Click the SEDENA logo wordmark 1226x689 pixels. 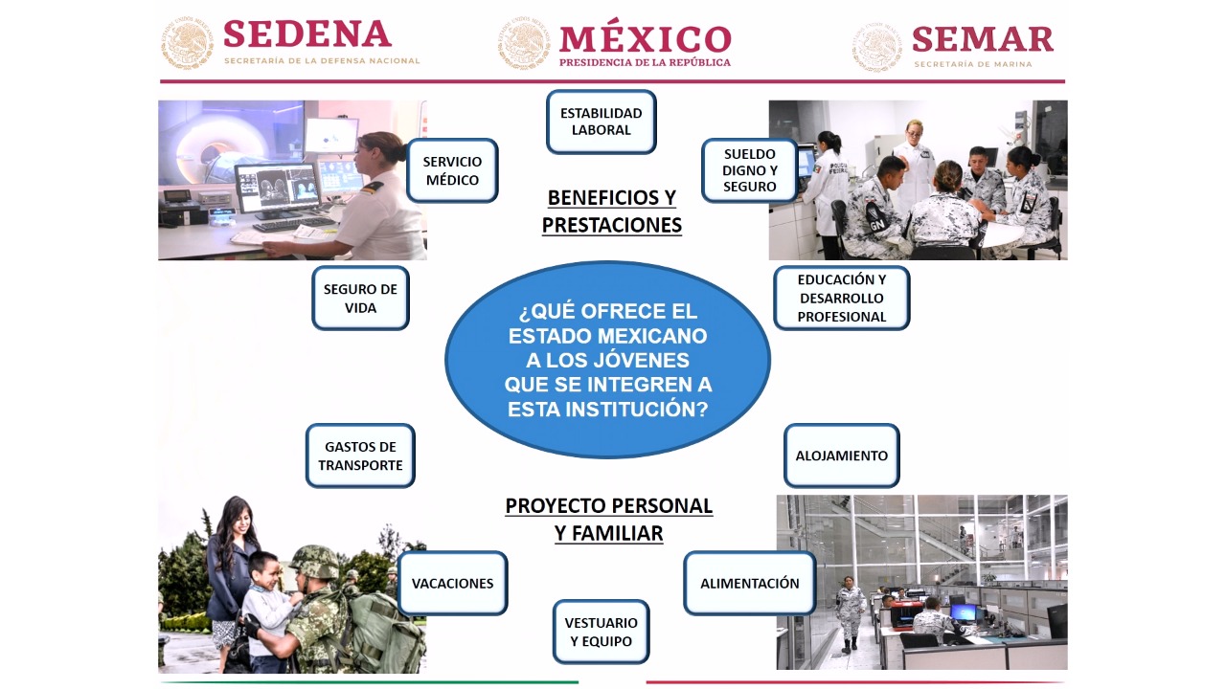pos(307,34)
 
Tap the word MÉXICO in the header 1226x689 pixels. pos(646,39)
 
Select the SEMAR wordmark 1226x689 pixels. pos(983,39)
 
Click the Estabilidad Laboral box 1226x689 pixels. pos(601,122)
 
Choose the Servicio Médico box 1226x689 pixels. pos(452,170)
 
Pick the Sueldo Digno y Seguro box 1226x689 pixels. pos(749,170)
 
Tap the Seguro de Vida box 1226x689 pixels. pos(360,298)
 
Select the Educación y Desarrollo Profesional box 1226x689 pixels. pos(841,298)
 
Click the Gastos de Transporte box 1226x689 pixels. pos(360,456)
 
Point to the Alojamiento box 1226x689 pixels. pos(841,456)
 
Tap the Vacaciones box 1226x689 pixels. pos(452,583)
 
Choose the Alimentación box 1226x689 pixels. pos(749,583)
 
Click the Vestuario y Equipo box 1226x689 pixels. pos(601,632)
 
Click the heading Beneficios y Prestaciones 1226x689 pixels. pos(612,211)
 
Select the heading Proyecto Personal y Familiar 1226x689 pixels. pos(608,520)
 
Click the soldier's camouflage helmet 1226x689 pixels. pos(314,562)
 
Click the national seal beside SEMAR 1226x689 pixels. pos(876,47)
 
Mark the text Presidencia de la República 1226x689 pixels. pos(645,63)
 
